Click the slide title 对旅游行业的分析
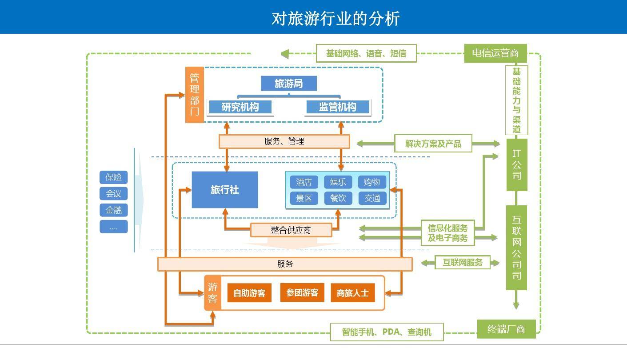[x=335, y=19]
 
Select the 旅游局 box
[x=288, y=84]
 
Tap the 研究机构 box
[x=240, y=107]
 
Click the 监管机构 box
[x=338, y=107]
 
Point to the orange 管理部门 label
[x=195, y=95]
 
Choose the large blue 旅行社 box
[x=225, y=190]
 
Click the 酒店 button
[x=304, y=182]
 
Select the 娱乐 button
[x=338, y=182]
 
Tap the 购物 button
[x=372, y=182]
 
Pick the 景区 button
[x=304, y=198]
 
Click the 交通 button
[x=372, y=198]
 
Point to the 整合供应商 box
[x=291, y=230]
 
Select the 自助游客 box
[x=249, y=293]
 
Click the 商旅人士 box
[x=352, y=293]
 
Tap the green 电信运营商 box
[x=495, y=53]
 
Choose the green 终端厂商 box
[x=506, y=329]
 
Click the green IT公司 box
[x=517, y=165]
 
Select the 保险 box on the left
[x=113, y=177]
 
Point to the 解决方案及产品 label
[x=433, y=144]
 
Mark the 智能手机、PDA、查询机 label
[x=387, y=332]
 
